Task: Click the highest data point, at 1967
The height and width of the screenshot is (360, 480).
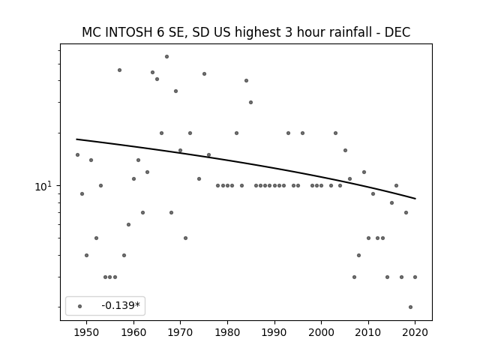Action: pyautogui.click(x=166, y=57)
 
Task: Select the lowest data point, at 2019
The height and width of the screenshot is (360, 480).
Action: pyautogui.click(x=410, y=307)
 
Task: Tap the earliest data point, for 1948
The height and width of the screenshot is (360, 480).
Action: pyautogui.click(x=77, y=155)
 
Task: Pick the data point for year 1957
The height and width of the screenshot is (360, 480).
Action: pyautogui.click(x=120, y=70)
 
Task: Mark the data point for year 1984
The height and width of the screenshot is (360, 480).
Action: pyautogui.click(x=246, y=81)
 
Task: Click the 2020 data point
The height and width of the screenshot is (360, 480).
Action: pyautogui.click(x=415, y=277)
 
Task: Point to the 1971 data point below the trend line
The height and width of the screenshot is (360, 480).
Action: pyautogui.click(x=185, y=238)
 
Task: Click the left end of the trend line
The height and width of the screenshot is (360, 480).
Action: pyautogui.click(x=76, y=139)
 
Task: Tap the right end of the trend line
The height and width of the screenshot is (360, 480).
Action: pyautogui.click(x=415, y=199)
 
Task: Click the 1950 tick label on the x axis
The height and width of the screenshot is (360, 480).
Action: pyautogui.click(x=87, y=332)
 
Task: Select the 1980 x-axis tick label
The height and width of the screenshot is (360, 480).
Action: pyautogui.click(x=227, y=332)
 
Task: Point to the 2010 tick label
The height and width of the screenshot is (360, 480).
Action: pyautogui.click(x=368, y=332)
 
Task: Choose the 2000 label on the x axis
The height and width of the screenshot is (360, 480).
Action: pyautogui.click(x=321, y=332)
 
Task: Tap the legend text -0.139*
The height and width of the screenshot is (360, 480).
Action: pyautogui.click(x=121, y=305)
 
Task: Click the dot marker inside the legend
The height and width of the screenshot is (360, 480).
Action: pyautogui.click(x=80, y=306)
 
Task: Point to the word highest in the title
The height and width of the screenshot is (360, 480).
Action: pyautogui.click(x=258, y=33)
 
